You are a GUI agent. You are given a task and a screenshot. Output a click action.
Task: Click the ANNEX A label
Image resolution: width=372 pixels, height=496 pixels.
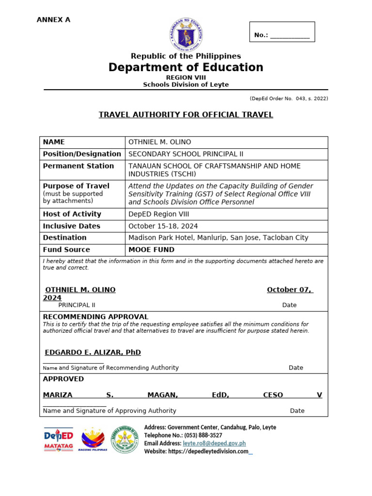click(54, 20)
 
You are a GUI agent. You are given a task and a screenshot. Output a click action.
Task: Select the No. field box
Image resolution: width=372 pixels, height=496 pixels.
click(282, 32)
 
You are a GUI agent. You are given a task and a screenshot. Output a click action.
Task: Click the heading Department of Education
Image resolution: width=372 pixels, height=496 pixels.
click(186, 67)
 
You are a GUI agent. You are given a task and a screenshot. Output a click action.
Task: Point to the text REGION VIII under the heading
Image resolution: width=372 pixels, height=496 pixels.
click(186, 77)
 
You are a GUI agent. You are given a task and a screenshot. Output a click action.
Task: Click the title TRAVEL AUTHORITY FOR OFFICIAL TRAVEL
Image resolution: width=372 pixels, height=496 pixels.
click(186, 115)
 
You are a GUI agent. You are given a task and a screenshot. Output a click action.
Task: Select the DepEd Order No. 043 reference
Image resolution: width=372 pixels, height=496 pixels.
click(289, 99)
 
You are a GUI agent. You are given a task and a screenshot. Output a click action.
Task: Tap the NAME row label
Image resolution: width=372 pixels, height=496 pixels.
click(54, 142)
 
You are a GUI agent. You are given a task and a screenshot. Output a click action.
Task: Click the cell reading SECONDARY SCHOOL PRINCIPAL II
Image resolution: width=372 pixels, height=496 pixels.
click(186, 154)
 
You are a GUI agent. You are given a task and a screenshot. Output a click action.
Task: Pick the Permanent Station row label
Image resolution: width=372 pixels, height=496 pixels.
click(78, 166)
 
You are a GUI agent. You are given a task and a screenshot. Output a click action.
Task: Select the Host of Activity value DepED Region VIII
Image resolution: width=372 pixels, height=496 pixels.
click(159, 214)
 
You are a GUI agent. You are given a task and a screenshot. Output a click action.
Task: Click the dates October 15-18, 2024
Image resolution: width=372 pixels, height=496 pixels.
click(163, 226)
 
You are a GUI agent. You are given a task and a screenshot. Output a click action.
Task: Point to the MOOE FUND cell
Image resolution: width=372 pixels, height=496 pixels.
click(151, 250)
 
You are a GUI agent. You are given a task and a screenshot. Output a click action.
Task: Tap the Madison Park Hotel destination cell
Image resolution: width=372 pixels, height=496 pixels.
click(218, 238)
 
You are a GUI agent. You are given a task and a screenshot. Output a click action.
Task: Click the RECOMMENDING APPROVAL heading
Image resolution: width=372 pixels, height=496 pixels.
click(95, 317)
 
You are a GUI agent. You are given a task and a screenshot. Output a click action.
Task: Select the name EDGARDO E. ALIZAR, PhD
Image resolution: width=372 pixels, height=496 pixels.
click(93, 353)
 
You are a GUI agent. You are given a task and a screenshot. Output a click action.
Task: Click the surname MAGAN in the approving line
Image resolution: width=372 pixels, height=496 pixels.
click(163, 395)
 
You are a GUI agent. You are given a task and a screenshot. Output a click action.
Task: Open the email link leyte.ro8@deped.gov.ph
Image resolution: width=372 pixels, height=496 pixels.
click(214, 443)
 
